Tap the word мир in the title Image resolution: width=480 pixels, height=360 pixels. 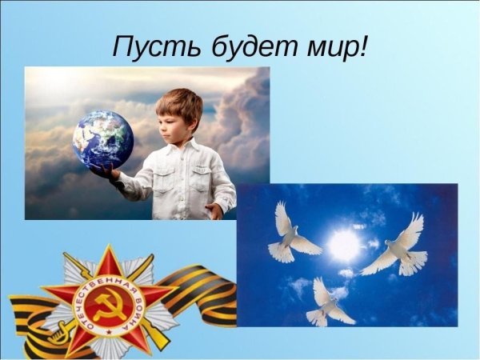pos(329,47)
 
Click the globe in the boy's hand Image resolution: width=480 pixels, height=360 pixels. pos(102,139)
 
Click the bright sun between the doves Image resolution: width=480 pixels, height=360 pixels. pos(346,246)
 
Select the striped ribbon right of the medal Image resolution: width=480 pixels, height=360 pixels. pos(200,292)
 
